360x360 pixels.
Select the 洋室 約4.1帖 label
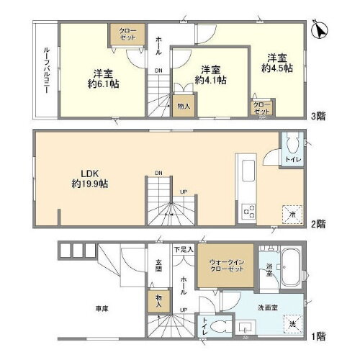(x=210, y=74)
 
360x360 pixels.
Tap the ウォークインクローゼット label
(x=225, y=267)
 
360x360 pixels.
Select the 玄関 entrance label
(x=158, y=266)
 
